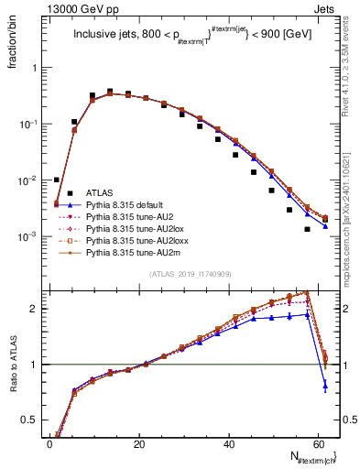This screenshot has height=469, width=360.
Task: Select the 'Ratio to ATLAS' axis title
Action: coord(14,364)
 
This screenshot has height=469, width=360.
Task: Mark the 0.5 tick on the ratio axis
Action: coord(35,420)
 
